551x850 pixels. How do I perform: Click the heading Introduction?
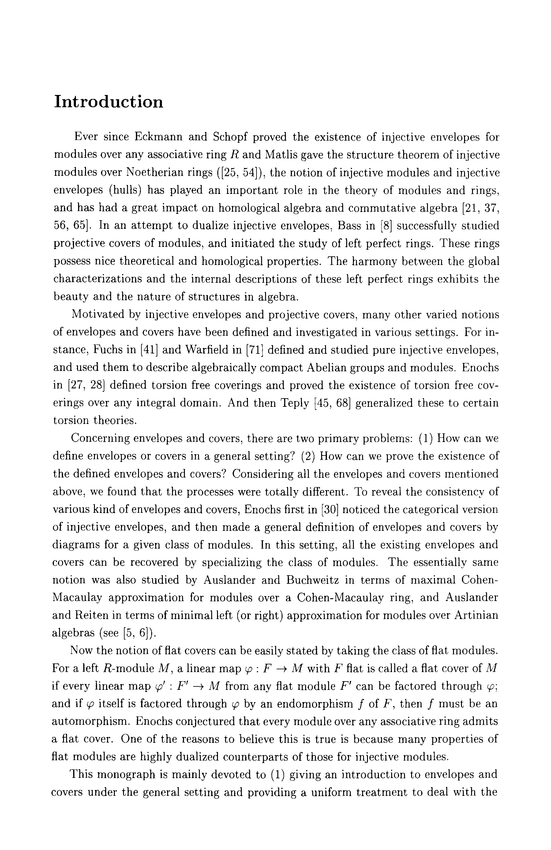(x=108, y=102)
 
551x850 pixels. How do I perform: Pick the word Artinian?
(x=476, y=615)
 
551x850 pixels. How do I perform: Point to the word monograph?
(x=128, y=774)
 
